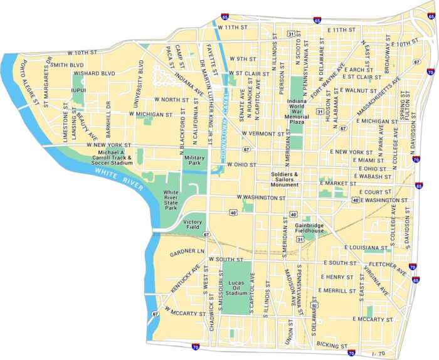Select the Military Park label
[195, 161]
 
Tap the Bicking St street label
[332, 346]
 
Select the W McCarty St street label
[186, 312]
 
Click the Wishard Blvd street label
[94, 73]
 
